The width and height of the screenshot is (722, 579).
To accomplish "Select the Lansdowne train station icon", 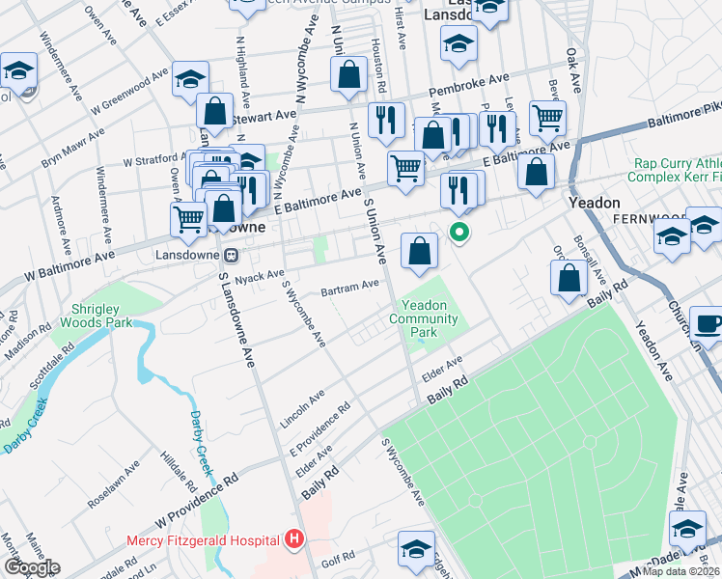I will click(231, 256).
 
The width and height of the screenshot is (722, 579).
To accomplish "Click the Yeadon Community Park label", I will click(425, 317).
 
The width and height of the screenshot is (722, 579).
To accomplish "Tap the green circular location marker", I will click(460, 232).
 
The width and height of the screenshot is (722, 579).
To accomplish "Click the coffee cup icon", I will click(708, 324).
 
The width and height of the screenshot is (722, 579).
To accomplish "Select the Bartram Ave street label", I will click(350, 287).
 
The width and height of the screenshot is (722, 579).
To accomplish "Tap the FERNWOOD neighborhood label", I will click(646, 219).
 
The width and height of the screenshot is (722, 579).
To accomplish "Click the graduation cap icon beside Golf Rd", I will click(416, 548).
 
